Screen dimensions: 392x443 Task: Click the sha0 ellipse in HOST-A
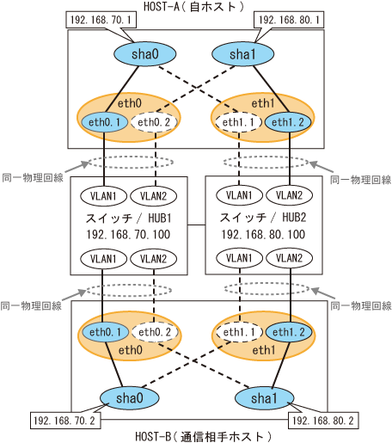[x=145, y=54]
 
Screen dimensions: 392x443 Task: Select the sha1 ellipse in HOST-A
[x=242, y=54]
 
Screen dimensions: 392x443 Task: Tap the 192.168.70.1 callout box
[x=101, y=20]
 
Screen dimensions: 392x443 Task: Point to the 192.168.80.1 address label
[x=289, y=20]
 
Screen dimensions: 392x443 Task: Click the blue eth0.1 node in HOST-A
[x=105, y=122]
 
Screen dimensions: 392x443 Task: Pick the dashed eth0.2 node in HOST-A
[x=154, y=122]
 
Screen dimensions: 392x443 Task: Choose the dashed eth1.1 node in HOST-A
[x=238, y=122]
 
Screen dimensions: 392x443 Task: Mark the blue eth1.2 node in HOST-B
[x=289, y=332]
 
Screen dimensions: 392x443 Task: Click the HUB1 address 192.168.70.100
[x=128, y=235]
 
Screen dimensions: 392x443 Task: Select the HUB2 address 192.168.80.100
[x=263, y=235]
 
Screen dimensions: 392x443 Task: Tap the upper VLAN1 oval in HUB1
[x=103, y=196]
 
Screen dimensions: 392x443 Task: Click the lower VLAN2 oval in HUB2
[x=289, y=258]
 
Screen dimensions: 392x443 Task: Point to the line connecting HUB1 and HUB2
[x=197, y=225]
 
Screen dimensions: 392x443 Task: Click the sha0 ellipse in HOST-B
[x=130, y=398]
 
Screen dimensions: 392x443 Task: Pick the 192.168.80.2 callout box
[x=323, y=421]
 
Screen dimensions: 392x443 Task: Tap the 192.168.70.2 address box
[x=65, y=421]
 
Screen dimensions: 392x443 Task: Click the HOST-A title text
[x=193, y=7]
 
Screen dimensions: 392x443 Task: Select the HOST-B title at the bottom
[x=203, y=436]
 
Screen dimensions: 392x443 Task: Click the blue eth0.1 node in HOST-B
[x=106, y=332]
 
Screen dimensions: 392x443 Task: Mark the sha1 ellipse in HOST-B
[x=264, y=398]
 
